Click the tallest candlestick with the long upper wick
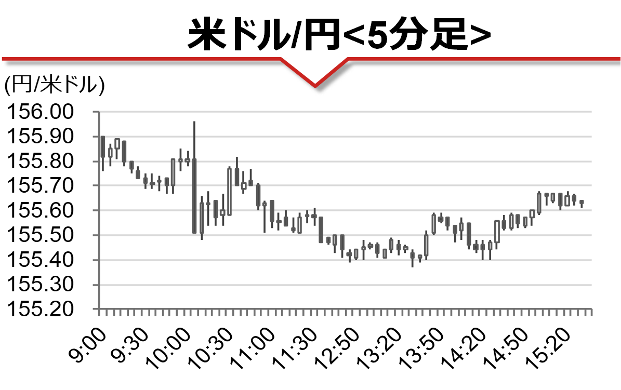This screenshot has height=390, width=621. (x=194, y=196)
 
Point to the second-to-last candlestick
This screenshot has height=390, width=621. (x=574, y=199)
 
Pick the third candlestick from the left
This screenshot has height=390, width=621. (x=117, y=144)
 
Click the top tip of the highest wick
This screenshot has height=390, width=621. (x=194, y=122)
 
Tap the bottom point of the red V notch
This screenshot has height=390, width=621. (x=315, y=85)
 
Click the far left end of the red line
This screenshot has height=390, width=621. (x=3, y=59)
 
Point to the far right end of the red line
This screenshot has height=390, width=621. (x=619, y=59)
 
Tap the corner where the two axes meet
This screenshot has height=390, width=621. (x=98, y=310)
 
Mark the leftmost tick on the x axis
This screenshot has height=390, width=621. (x=99, y=313)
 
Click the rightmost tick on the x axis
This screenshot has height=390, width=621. (x=592, y=313)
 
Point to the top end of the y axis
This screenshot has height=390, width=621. (x=98, y=112)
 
